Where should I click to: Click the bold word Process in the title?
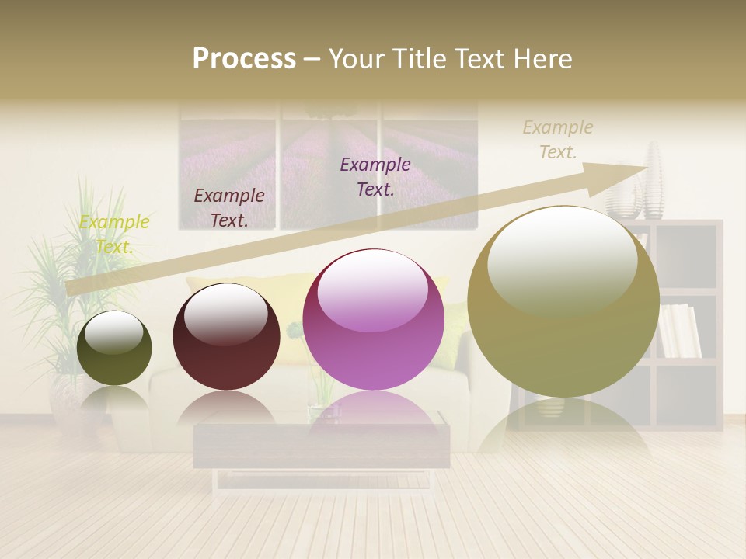tap(244, 59)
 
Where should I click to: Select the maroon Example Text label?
tap(229, 208)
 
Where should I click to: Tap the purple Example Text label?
tap(375, 176)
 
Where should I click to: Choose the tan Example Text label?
tap(558, 140)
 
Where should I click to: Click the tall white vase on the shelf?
tap(652, 182)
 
